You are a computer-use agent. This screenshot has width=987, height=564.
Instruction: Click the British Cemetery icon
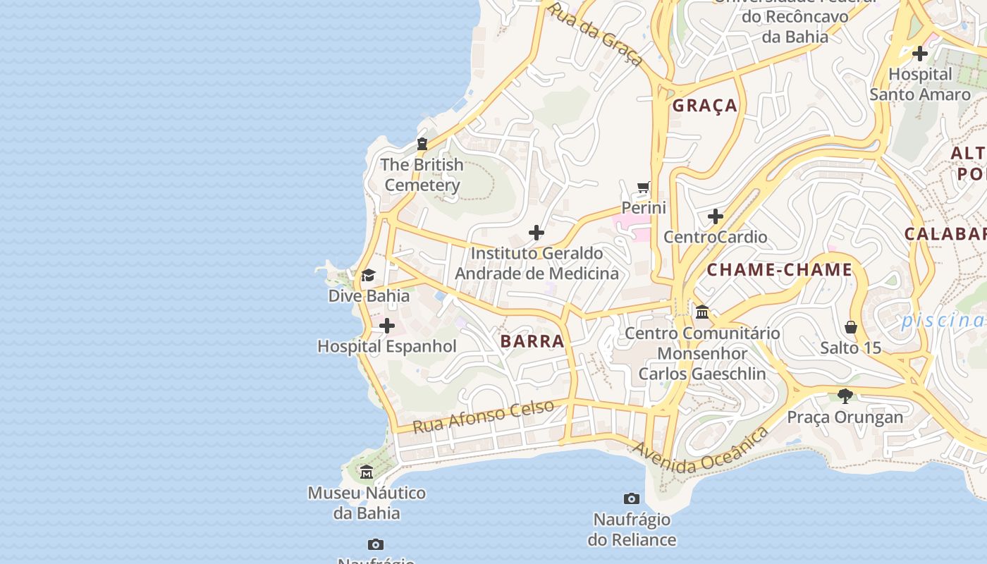click(422, 144)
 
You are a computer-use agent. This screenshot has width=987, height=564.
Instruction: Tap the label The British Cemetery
click(422, 175)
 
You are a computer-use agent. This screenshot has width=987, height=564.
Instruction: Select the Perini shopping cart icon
click(643, 188)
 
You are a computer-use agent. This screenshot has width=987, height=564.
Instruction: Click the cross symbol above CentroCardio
click(716, 216)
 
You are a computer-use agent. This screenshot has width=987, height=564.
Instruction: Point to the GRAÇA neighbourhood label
click(704, 106)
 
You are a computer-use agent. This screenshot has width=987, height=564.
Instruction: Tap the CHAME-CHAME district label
click(780, 270)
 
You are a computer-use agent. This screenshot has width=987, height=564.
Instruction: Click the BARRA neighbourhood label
click(532, 341)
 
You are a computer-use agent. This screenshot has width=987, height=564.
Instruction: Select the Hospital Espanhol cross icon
click(387, 326)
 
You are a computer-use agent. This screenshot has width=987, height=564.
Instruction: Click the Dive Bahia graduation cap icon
click(368, 275)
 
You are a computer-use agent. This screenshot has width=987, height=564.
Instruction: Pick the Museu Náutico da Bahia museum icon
click(366, 472)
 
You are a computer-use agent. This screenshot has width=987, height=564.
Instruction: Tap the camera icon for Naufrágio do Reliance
click(632, 499)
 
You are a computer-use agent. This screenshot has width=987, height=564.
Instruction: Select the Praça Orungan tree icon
click(845, 396)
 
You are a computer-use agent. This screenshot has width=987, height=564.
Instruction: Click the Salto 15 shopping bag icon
click(851, 327)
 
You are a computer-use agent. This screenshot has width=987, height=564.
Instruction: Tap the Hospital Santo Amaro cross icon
click(919, 53)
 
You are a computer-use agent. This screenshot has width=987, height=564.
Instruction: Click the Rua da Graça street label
click(596, 34)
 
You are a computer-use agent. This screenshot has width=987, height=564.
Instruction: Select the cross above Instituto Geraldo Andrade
click(537, 233)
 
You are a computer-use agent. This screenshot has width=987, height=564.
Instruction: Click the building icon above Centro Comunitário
click(702, 312)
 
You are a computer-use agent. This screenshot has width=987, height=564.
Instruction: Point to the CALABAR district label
click(945, 234)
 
